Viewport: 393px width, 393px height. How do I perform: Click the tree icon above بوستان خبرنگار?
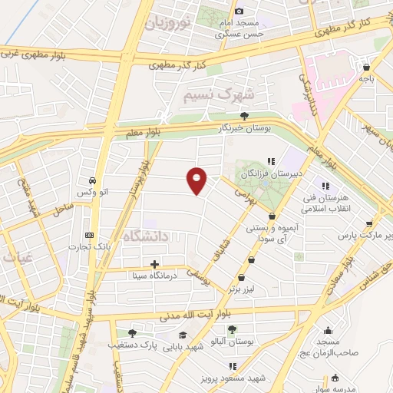245,116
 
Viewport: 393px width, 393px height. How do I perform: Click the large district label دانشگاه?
145,235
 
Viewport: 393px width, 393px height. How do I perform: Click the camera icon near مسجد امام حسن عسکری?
239,12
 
